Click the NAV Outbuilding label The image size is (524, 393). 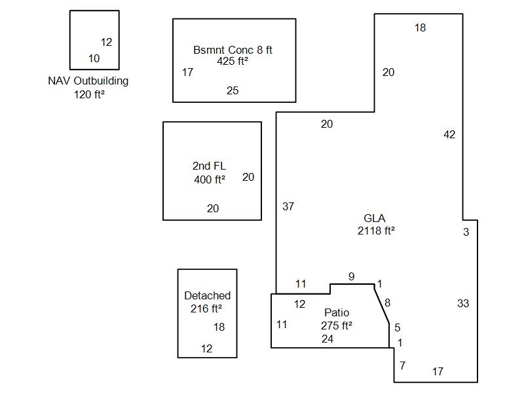coord(88,81)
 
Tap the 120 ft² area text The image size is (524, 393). coord(90,94)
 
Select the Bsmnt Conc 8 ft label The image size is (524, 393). coord(233,50)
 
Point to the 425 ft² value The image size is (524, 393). coord(233,62)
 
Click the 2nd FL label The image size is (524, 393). coord(210,166)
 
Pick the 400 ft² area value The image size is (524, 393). coord(210,179)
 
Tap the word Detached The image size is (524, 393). coord(207,296)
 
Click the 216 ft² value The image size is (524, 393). coord(206,309)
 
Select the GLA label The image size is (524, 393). coord(375,219)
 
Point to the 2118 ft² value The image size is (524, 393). coord(376,231)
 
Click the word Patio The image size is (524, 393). coord(337,313)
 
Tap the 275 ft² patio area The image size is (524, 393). coord(337,326)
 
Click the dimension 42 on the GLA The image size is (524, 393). coord(449,135)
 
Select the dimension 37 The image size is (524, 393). coord(288,207)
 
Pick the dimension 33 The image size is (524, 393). coord(463,303)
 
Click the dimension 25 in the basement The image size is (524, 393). coord(233,91)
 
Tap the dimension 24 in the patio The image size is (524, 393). coord(327,339)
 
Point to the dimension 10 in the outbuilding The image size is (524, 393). coord(94,59)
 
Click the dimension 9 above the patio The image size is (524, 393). coord(351,277)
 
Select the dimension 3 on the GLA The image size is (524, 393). coord(466,233)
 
